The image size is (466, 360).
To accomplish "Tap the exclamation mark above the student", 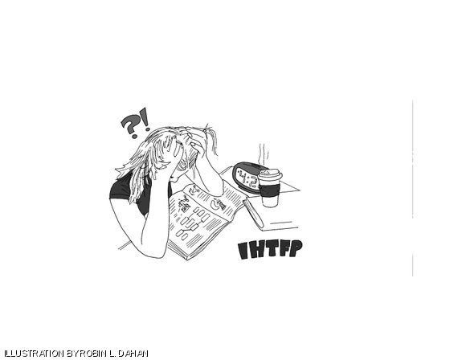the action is (x=145, y=119).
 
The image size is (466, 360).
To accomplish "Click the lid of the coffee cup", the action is (x=269, y=174).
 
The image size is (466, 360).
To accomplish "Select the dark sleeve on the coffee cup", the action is (x=269, y=190).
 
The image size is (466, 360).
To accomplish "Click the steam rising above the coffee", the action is (x=264, y=154).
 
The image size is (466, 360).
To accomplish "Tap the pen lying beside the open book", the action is (x=253, y=214).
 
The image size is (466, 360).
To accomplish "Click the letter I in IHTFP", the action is (x=243, y=251).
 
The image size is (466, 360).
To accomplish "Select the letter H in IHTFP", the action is (x=257, y=250).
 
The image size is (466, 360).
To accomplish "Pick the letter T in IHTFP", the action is (x=272, y=250).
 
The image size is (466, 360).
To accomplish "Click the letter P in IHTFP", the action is (x=296, y=249).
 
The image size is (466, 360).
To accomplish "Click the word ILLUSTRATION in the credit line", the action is (x=35, y=354).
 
